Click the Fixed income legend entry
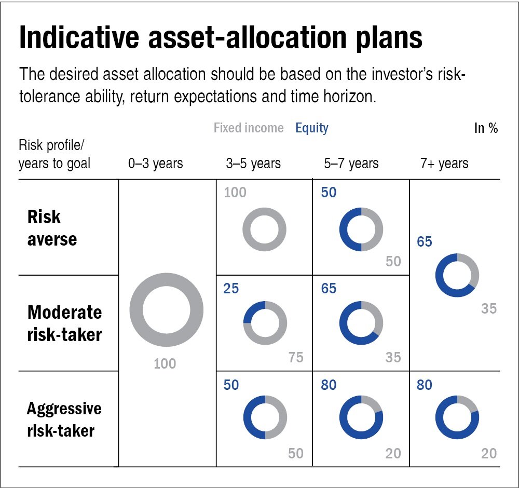249,128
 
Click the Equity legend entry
312,128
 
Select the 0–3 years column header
156,164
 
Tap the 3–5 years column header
253,164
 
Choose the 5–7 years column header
351,164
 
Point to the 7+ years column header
444,164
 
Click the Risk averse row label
52,228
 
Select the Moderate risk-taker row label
64,323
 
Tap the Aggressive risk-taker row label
64,419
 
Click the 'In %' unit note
486,128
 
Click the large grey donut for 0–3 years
167,309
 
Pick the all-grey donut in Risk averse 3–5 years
265,229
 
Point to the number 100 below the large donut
165,363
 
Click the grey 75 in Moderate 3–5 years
296,357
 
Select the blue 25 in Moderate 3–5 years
231,288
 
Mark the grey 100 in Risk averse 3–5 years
235,193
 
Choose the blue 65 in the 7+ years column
425,242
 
